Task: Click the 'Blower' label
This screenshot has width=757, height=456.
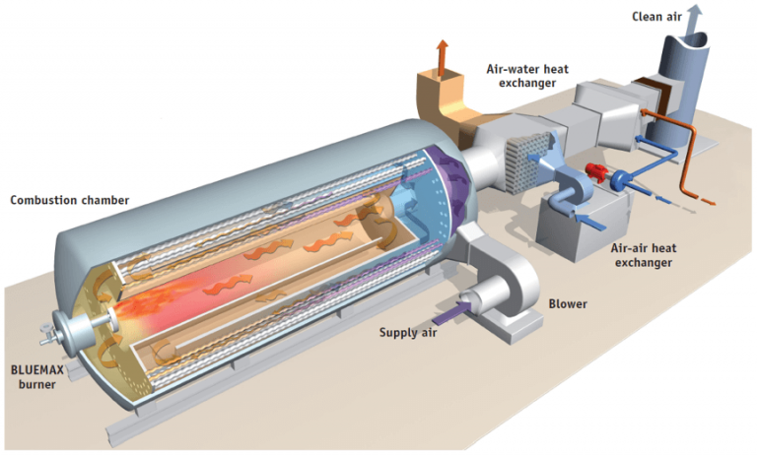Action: coord(568,303)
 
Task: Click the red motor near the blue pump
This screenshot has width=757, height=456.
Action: coord(596,174)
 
